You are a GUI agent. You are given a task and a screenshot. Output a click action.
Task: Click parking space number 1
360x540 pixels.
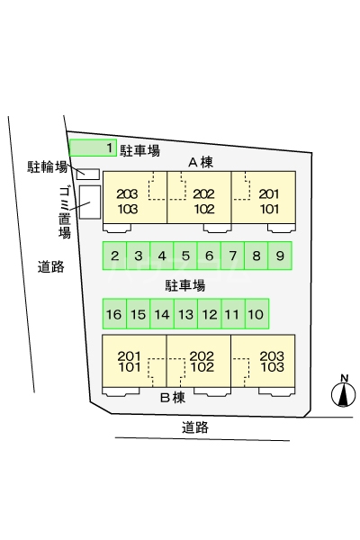tap(93, 148)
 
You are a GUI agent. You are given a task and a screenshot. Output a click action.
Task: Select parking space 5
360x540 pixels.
tap(185, 256)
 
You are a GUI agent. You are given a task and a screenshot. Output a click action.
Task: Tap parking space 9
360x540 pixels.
tap(280, 256)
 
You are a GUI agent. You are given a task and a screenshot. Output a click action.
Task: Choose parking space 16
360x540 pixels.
tap(114, 314)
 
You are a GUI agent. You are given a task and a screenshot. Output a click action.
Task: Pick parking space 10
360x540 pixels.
tap(257, 314)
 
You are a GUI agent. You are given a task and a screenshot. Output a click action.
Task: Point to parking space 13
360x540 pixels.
tap(186, 314)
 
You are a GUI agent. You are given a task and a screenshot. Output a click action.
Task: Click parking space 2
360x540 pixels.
tap(114, 256)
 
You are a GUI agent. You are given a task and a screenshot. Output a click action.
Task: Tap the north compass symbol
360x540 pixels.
tap(344, 391)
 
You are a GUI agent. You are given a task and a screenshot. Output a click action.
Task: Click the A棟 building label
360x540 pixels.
tap(201, 162)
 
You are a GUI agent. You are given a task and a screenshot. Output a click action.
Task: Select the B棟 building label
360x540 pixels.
tap(173, 398)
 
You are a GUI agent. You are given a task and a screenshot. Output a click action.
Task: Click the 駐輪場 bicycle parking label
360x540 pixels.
tap(47, 167)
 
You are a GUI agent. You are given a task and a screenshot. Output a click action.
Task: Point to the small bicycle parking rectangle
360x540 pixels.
tap(88, 175)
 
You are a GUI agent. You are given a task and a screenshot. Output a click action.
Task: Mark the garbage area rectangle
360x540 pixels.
tap(90, 202)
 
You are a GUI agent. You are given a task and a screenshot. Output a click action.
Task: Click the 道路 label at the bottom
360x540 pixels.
tap(195, 427)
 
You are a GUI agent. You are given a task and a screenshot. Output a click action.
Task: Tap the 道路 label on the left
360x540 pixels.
tap(51, 266)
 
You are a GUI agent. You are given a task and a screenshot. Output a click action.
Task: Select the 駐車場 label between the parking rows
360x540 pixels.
tap(185, 285)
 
